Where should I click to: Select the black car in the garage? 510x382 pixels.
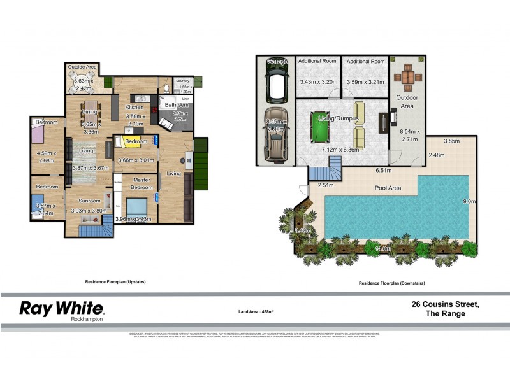click(275, 82)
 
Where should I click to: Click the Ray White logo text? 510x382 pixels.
click(62, 309)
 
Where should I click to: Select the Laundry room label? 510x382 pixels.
click(183, 81)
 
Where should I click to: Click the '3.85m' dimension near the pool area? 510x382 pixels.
click(451, 141)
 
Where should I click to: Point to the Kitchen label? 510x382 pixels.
click(135, 107)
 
